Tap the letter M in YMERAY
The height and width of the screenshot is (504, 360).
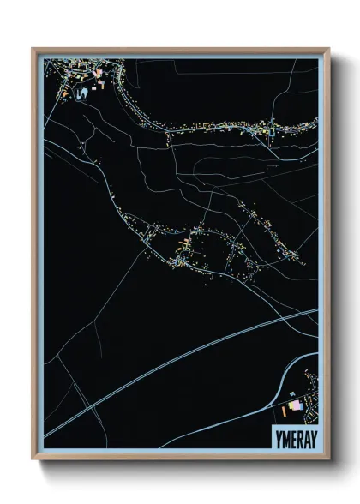pyautogui.click(x=283, y=435)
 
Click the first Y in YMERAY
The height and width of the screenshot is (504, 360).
pyautogui.click(x=276, y=435)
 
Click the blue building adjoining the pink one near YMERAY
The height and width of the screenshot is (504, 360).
pyautogui.click(x=302, y=407)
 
